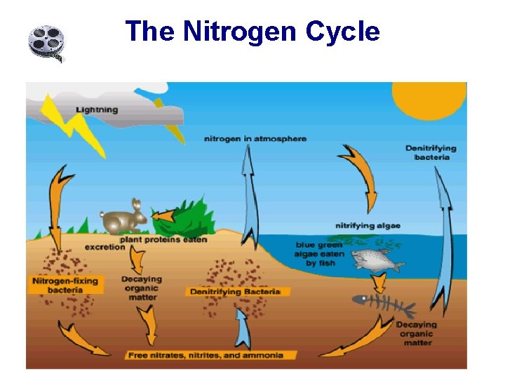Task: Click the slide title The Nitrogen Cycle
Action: click(x=252, y=32)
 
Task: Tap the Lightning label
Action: click(x=97, y=109)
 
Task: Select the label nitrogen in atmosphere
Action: click(x=255, y=138)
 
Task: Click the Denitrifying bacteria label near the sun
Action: click(x=431, y=152)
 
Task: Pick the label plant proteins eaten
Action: click(x=163, y=239)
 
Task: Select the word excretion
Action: click(x=105, y=247)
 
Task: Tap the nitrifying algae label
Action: click(x=368, y=225)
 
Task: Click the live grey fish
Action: click(x=375, y=260)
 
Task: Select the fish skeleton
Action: click(x=383, y=303)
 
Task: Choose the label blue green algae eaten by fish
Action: click(x=320, y=254)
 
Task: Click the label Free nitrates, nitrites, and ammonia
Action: click(x=206, y=355)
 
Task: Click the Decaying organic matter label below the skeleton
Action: click(x=416, y=333)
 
